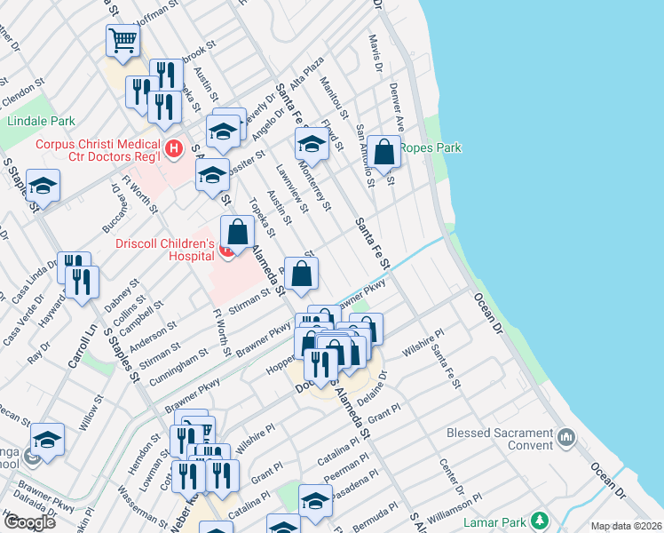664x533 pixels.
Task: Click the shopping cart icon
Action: [x=123, y=40]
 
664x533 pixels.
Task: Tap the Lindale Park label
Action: [x=41, y=121]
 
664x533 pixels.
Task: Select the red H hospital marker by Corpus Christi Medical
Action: [x=174, y=147]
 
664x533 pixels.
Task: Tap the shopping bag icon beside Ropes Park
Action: [x=384, y=153]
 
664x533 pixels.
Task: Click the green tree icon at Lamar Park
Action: [x=539, y=520]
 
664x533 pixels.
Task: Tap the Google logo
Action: [x=30, y=522]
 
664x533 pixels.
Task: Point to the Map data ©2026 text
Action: [x=626, y=526]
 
